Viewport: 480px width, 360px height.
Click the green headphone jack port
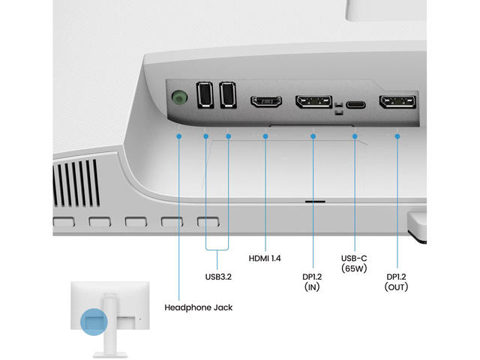[178, 98]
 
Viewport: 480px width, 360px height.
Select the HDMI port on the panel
[265, 101]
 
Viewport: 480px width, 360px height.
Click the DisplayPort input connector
[313, 102]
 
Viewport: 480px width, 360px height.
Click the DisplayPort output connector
[397, 103]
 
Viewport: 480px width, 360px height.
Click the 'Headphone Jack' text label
[198, 307]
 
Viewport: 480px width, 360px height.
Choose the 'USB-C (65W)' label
[355, 262]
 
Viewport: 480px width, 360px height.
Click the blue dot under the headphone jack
[180, 136]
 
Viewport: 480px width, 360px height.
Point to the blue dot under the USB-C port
[355, 136]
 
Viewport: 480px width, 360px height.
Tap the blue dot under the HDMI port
[265, 136]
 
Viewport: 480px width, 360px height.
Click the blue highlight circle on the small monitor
[95, 322]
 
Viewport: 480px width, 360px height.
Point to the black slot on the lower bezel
[314, 201]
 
